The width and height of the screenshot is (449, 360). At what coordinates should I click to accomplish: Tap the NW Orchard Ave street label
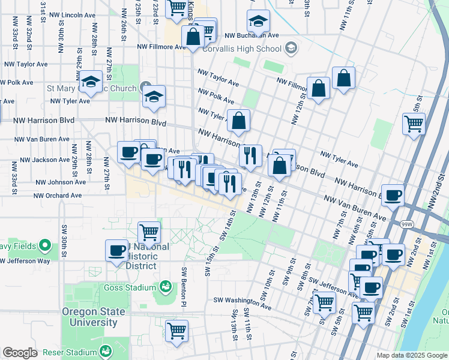(57, 196)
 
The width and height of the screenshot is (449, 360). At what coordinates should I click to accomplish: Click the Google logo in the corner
(20, 353)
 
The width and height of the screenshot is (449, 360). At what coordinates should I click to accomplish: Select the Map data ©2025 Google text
(412, 355)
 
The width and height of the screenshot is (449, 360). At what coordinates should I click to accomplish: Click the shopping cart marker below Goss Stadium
(176, 330)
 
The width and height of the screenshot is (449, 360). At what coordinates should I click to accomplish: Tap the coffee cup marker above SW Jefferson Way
(117, 250)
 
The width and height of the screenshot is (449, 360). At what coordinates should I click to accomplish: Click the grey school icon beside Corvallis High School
(291, 47)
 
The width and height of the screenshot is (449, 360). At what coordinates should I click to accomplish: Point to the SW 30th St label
(63, 239)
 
